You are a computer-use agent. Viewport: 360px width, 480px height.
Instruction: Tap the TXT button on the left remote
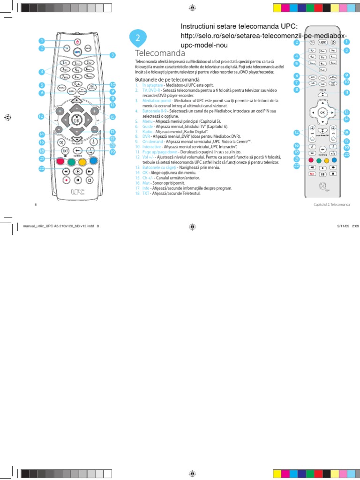click(x=65, y=151)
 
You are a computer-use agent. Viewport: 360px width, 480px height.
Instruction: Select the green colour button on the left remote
click(x=71, y=162)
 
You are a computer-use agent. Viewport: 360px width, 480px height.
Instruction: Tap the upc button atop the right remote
click(x=322, y=42)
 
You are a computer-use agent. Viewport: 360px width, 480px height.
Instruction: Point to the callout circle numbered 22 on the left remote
click(x=41, y=169)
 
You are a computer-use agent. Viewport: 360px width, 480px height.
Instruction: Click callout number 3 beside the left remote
click(x=112, y=55)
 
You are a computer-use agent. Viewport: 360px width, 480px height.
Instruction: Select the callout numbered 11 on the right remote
click(x=347, y=92)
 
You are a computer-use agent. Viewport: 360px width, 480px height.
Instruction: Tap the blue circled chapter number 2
click(x=137, y=38)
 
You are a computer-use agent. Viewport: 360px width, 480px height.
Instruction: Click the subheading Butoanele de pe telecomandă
click(x=167, y=80)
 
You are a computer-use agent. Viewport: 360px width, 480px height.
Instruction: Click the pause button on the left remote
click(x=77, y=179)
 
